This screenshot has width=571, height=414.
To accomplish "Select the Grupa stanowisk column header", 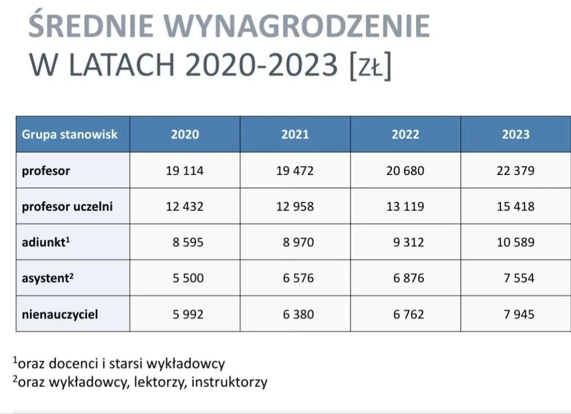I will coord(70,134).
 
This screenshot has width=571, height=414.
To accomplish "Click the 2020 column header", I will coord(185,134).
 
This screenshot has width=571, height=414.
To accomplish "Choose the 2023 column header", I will coord(516,134).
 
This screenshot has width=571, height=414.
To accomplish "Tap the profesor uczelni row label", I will coord(67,206).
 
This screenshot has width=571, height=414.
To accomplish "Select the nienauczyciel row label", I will coord(60,314).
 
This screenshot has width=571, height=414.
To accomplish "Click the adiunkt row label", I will coord(46,242).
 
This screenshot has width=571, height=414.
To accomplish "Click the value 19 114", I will coord(185,170).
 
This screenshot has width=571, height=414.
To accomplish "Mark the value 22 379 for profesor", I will coord(516,170).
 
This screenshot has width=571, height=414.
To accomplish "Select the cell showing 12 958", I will coord(295,206).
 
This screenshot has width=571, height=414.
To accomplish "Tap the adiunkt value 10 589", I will coord(516,242).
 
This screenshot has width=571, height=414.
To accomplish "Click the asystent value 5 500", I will coord(188,278).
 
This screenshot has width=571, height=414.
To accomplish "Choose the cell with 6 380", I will coord(298,314).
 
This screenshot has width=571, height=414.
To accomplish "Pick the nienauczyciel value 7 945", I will coord(519,314).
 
